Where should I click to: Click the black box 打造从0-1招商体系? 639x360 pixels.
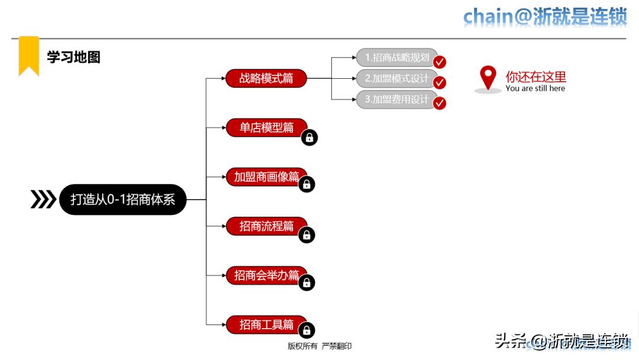pos(123,200)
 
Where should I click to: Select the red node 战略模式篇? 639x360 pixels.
pos(266,78)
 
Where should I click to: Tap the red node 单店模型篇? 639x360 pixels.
pos(266,127)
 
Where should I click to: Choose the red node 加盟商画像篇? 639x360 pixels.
pos(266,176)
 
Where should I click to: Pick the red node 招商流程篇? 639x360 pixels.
pos(266,226)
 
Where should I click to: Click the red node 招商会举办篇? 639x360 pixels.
pos(266,275)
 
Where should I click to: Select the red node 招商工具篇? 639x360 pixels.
pos(266,324)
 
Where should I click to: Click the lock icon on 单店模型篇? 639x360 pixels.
pos(309,137)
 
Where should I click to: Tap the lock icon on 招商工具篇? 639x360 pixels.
pos(306,330)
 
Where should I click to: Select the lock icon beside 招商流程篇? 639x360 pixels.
pos(306,235)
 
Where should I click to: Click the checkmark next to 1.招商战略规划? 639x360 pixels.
pos(440,62)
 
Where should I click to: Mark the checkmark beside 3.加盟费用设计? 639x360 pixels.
pos(440,103)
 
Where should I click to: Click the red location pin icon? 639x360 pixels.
pos(488,78)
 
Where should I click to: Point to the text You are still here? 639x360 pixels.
pos(535,89)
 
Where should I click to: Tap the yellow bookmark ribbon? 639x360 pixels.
pos(29,55)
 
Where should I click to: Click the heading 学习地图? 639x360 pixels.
pos(74,57)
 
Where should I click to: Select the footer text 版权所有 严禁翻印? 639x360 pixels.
pos(319,346)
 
